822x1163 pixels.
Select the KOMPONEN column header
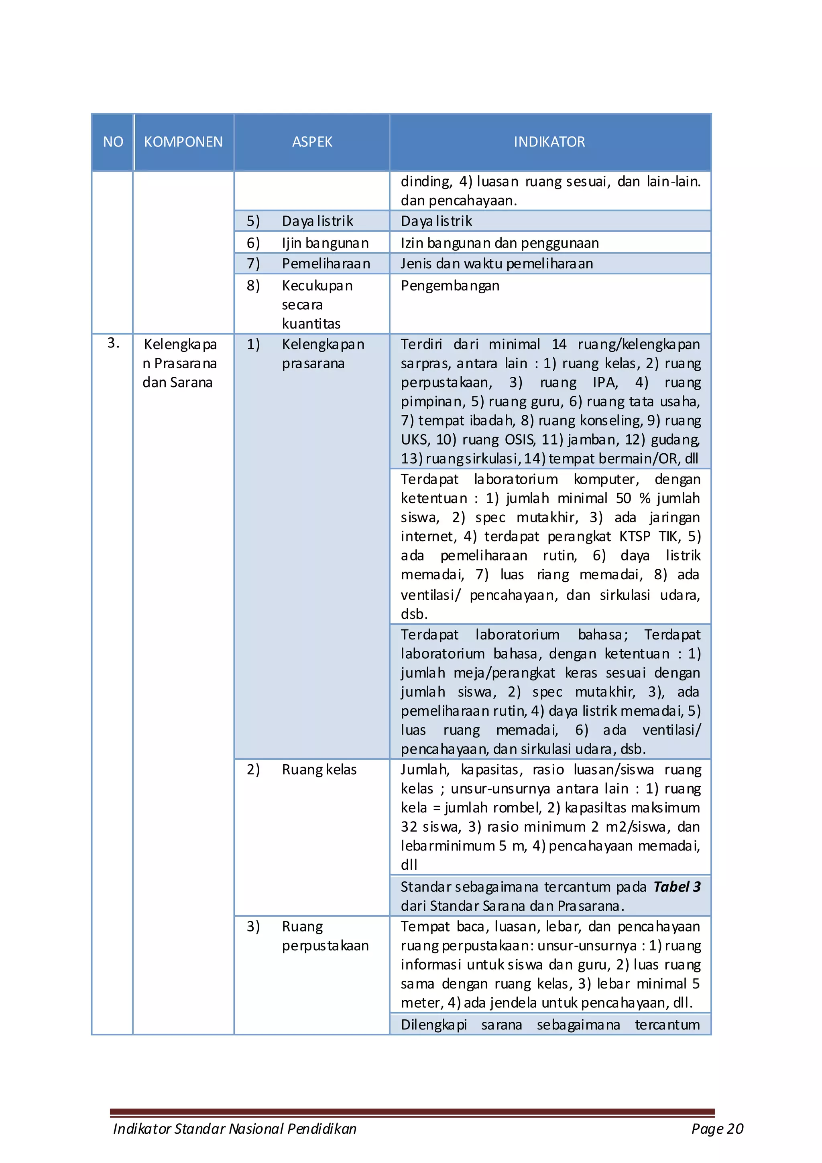pos(183,142)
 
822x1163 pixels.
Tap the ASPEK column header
pos(312,142)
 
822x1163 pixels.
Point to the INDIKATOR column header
pos(549,142)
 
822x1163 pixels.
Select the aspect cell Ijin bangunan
pos(325,243)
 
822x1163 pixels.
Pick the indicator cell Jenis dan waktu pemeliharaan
pos(496,264)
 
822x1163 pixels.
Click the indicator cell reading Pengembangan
pos(450,286)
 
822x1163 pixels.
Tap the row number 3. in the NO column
pos(113,343)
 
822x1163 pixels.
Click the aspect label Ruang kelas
pos(319,769)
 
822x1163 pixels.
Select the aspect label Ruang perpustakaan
pos(324,936)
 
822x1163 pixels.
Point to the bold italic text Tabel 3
pos(677,887)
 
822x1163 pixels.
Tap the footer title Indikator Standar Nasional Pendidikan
pos(235,1128)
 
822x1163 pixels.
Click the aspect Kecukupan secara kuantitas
pos(317,304)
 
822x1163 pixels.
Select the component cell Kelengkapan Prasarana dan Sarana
pos(180,363)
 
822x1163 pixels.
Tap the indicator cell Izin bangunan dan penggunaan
pos(499,243)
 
